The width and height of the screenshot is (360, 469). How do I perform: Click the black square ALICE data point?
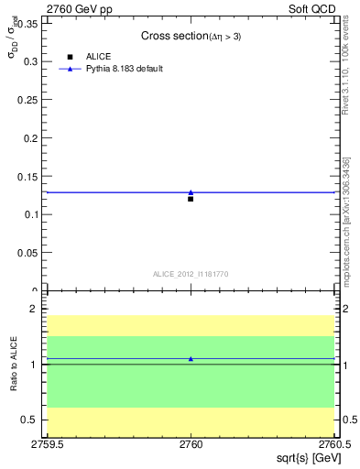tap(191, 199)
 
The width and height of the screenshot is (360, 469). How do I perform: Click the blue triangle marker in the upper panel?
tap(191, 192)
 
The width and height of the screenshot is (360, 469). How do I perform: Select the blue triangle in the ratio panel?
tap(191, 358)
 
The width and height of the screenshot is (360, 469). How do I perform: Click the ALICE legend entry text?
tap(98, 57)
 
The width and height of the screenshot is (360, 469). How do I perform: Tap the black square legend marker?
tap(71, 57)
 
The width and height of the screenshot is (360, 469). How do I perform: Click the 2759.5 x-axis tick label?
tap(47, 444)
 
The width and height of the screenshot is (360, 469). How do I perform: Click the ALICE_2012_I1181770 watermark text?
tap(191, 274)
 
